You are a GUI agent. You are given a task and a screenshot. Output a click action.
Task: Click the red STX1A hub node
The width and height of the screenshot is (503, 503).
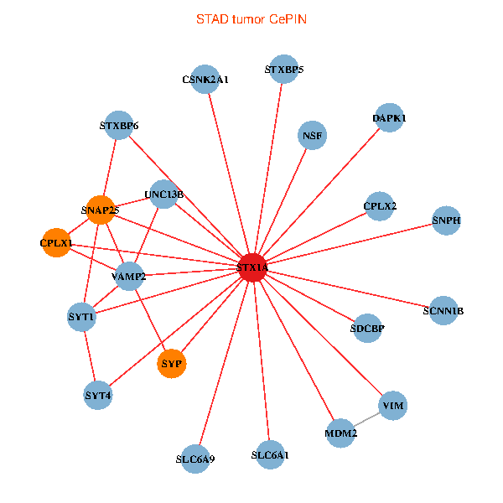252,268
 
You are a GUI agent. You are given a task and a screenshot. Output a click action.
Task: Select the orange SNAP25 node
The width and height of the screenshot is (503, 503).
99,210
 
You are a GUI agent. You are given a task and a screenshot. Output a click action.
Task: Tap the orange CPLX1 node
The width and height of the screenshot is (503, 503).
56,243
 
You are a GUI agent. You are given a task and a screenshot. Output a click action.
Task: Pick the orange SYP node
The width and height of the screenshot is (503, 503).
172,364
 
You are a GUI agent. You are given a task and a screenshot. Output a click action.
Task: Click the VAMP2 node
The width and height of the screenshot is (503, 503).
128,276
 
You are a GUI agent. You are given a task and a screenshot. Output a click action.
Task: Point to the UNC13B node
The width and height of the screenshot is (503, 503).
163,195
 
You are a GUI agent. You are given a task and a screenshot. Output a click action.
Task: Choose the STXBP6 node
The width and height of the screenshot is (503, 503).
118,127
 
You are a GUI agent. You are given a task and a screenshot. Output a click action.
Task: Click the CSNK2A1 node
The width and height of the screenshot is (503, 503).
205,80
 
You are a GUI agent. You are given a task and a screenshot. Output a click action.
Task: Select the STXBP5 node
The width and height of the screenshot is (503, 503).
284,69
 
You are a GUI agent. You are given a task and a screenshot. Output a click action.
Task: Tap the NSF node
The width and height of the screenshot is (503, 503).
313,135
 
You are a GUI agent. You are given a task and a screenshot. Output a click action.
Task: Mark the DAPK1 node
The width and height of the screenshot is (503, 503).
390,119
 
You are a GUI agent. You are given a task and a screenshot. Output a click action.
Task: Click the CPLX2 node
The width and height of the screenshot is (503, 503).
380,206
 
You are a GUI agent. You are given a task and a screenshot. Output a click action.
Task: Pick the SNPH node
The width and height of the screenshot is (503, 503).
447,220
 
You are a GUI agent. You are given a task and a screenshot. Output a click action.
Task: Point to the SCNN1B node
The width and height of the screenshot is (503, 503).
444,311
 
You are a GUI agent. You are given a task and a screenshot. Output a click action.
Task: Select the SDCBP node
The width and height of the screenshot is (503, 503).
367,329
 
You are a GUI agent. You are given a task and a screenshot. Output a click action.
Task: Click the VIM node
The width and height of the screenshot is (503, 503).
392,407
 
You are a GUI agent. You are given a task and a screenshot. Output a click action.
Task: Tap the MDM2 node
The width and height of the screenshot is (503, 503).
340,433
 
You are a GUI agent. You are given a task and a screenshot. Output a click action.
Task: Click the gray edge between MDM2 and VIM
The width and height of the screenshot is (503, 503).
366,420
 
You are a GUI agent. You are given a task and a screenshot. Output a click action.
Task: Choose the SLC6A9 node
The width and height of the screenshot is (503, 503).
195,459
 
